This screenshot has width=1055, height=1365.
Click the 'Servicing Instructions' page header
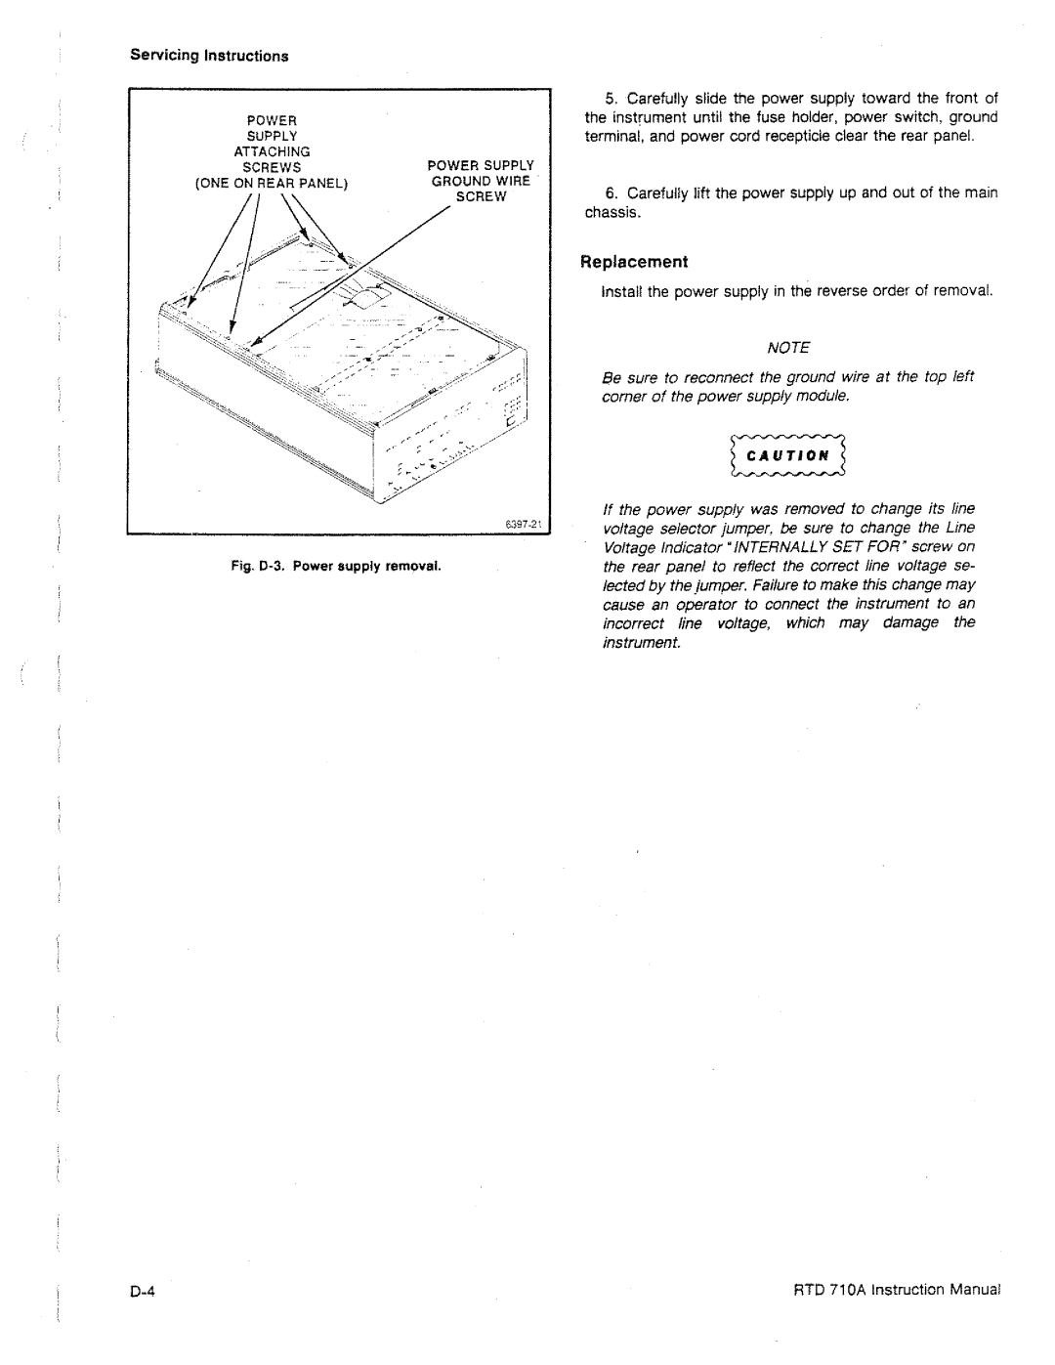pyautogui.click(x=209, y=56)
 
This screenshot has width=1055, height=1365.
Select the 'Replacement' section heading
pyautogui.click(x=634, y=262)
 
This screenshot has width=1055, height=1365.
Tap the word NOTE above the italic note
pyautogui.click(x=788, y=348)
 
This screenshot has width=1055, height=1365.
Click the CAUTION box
pyautogui.click(x=788, y=455)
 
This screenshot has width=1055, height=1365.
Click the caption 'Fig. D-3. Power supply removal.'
pyautogui.click(x=336, y=566)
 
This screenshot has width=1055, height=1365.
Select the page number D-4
pyautogui.click(x=143, y=1292)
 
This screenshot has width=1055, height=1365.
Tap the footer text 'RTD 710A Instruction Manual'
pyautogui.click(x=897, y=1290)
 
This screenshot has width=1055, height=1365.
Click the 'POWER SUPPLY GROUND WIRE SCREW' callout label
pyautogui.click(x=481, y=181)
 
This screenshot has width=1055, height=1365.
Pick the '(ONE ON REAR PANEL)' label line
pyautogui.click(x=272, y=184)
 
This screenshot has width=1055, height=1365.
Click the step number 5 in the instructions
pyautogui.click(x=612, y=99)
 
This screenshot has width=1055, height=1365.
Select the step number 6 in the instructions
pyautogui.click(x=612, y=192)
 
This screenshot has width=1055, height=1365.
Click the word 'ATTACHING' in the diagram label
pyautogui.click(x=272, y=152)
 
